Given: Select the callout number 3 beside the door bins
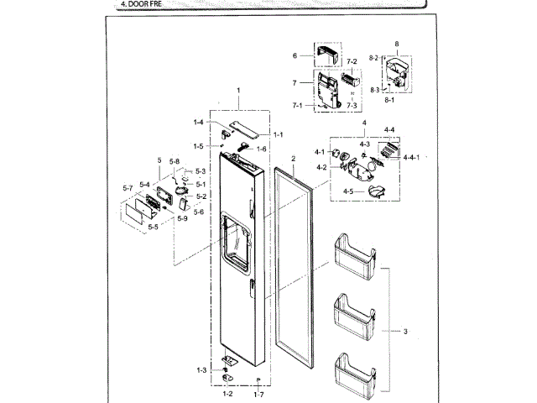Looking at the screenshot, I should point(404,332).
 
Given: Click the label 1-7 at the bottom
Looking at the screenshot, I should point(259,393).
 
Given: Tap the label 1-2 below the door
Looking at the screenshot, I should point(227,393).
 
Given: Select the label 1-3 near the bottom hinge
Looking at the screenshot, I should point(201,370).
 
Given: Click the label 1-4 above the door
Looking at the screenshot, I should point(199,123).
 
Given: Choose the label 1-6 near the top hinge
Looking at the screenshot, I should point(261,149).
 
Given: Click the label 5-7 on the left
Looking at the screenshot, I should point(128,188).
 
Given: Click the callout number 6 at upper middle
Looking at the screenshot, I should point(295,55).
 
